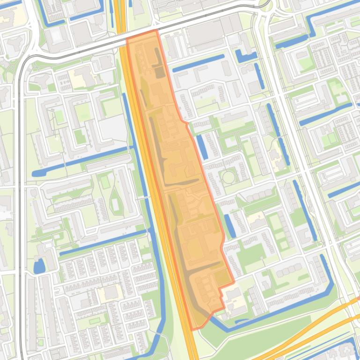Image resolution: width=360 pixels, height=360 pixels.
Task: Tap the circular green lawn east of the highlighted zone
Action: point(228,177)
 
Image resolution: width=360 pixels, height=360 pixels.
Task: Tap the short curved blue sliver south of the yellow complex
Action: point(242,321)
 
